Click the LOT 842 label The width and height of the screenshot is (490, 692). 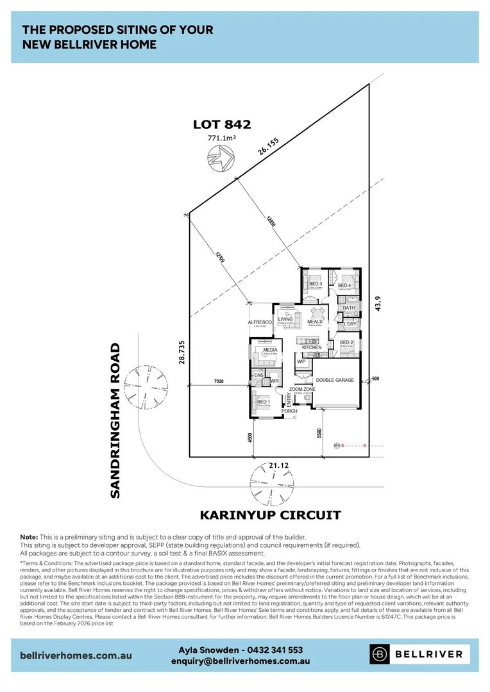(221, 125)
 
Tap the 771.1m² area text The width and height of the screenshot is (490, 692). (221, 138)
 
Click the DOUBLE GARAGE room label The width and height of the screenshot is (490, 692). (335, 380)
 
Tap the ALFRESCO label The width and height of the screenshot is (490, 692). (261, 322)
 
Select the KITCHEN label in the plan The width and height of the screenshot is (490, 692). (312, 347)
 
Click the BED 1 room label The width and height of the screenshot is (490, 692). (263, 402)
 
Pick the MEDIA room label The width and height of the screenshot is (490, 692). (269, 350)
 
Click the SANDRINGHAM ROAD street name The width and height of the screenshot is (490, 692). (115, 420)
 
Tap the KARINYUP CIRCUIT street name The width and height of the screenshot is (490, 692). (270, 515)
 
